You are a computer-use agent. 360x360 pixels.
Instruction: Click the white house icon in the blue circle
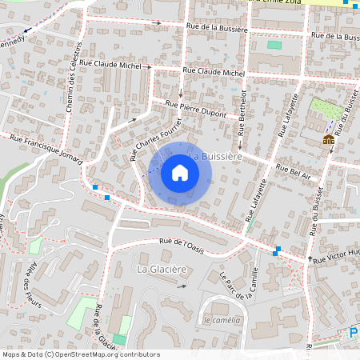pyautogui.click(x=180, y=173)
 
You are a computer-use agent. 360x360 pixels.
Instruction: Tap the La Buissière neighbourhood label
pyautogui.click(x=214, y=157)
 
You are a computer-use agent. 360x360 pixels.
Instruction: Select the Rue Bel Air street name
pyautogui.click(x=293, y=170)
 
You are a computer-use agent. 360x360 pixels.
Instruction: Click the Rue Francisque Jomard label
pyautogui.click(x=45, y=148)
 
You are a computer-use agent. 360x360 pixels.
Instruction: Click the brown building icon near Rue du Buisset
pyautogui.click(x=328, y=140)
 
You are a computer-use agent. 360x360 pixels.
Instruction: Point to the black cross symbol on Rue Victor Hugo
pyautogui.click(x=310, y=259)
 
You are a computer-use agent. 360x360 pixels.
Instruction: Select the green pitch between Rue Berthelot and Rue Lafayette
pyautogui.click(x=274, y=45)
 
